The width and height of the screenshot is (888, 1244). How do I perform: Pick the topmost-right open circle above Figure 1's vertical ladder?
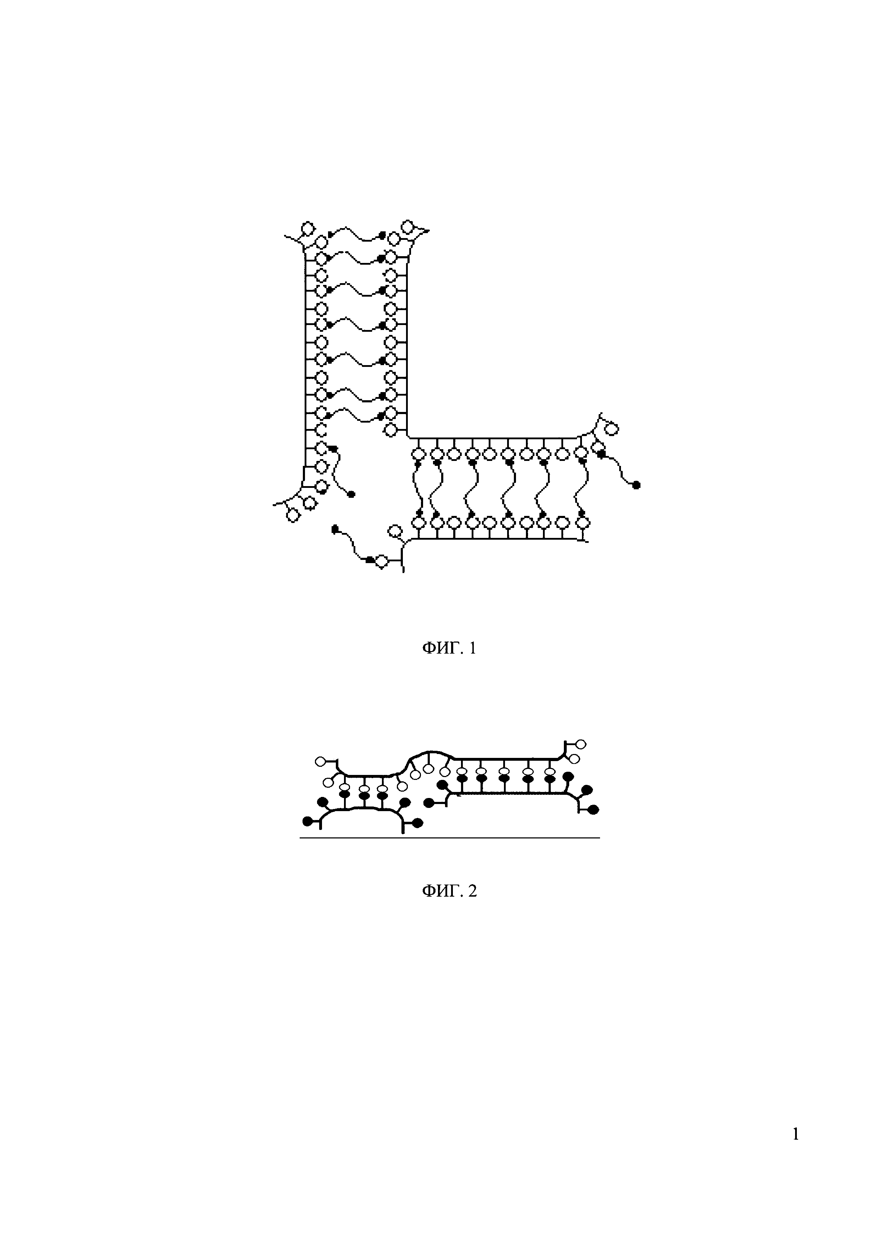pyautogui.click(x=408, y=226)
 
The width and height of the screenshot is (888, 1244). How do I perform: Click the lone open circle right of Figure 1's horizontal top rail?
pyautogui.click(x=612, y=429)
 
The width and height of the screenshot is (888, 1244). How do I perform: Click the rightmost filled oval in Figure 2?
pyautogui.click(x=593, y=809)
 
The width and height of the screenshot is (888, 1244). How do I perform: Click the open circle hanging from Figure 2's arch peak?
pyautogui.click(x=429, y=769)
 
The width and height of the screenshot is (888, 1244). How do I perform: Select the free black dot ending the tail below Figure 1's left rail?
pyautogui.click(x=351, y=494)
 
